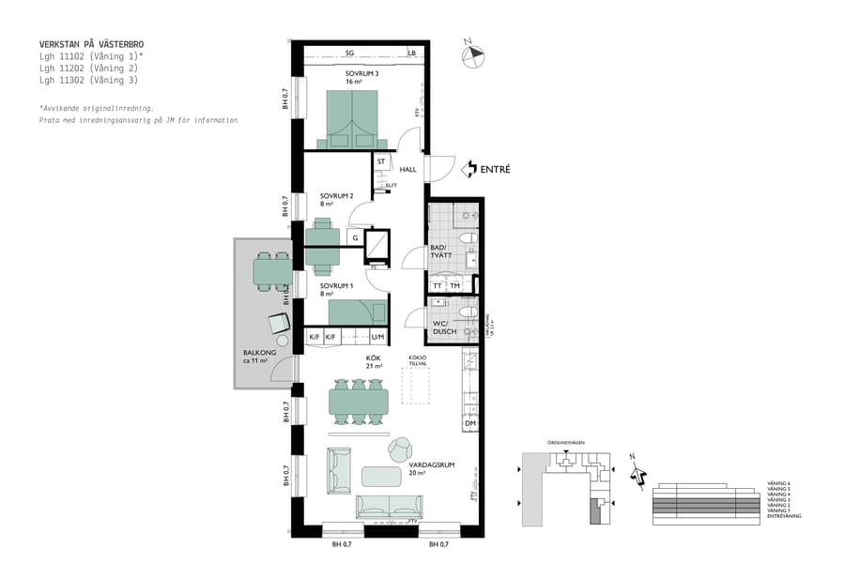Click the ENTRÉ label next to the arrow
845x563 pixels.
495,170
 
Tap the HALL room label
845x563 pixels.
408,170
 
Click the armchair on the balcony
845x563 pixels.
279,323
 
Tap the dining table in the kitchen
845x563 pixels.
358,403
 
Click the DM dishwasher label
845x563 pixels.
470,425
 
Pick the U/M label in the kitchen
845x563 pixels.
377,337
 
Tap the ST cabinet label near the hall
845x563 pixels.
381,161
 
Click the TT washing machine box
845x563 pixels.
438,285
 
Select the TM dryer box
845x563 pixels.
455,285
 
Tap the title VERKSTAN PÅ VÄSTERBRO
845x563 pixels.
92,44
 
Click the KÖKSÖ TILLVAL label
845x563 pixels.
419,361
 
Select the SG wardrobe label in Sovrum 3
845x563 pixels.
349,53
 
